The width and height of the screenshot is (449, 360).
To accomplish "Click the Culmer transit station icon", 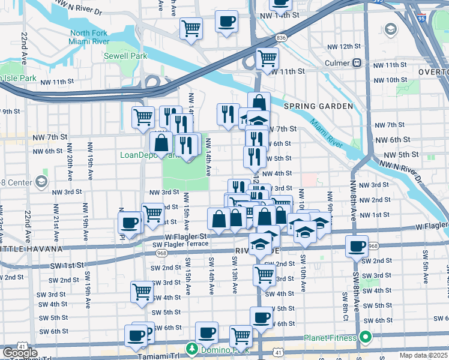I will pyautogui.click(x=357, y=62).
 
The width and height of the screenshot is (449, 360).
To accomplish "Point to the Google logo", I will pyautogui.click(x=20, y=352).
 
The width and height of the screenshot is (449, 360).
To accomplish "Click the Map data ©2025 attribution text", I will pyautogui.click(x=423, y=355).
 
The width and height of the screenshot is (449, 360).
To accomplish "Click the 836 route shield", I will pyautogui.click(x=282, y=37).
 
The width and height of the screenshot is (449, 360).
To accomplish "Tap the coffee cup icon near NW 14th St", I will pyautogui.click(x=226, y=23).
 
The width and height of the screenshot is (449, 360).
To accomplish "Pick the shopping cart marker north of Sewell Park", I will pyautogui.click(x=191, y=28).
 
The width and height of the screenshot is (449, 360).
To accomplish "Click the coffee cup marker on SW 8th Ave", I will pyautogui.click(x=358, y=246).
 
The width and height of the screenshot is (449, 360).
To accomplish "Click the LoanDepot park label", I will pyautogui.click(x=142, y=155).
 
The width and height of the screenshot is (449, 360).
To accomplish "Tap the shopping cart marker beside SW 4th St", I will pyautogui.click(x=142, y=292).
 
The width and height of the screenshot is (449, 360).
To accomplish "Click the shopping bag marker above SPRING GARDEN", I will pyautogui.click(x=259, y=103).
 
